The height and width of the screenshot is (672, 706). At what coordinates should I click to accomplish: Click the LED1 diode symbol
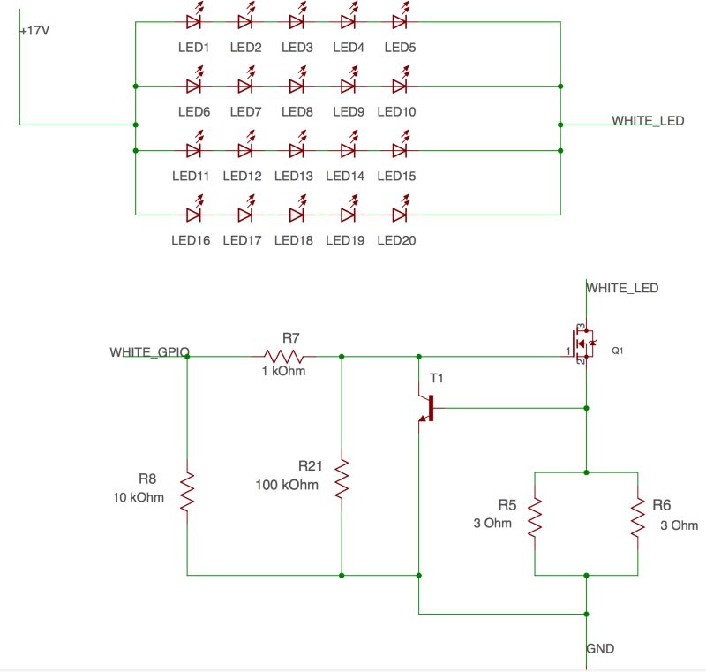pos(194,22)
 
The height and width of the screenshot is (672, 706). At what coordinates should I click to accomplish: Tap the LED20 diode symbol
pos(399,215)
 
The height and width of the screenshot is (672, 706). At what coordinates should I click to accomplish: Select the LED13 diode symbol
pos(297,150)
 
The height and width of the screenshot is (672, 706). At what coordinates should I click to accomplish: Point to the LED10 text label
pos(396,112)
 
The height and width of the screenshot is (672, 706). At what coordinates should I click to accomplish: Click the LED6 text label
pos(193,112)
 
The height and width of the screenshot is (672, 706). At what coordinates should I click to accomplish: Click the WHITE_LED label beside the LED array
pos(648,120)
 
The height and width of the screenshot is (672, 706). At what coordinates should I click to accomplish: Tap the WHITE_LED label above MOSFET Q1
pos(622,288)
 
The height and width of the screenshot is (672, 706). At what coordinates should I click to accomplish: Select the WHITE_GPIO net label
pos(149,352)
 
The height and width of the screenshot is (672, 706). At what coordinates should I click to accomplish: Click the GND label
pos(600,649)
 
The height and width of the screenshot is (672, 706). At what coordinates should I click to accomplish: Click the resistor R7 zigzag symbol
pos(283,357)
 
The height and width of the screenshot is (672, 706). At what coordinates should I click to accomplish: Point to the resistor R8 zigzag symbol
pos(187,493)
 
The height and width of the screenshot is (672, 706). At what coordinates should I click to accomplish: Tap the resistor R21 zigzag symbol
pos(342,479)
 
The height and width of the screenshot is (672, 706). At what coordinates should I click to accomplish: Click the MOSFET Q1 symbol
pos(582,343)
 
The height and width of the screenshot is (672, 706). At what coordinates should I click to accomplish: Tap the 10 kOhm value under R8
pos(139,496)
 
